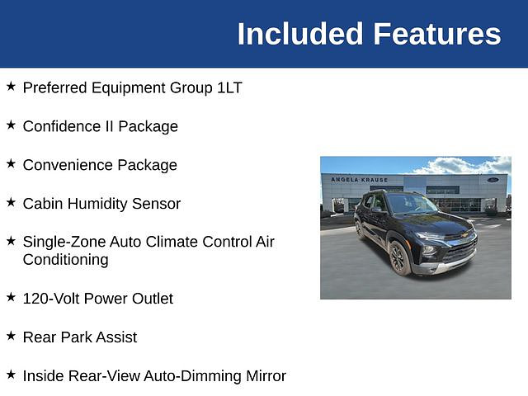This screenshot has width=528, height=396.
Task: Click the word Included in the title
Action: (300, 34)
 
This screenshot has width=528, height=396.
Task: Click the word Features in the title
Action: (437, 34)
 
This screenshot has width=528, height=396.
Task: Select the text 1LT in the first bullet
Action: (229, 88)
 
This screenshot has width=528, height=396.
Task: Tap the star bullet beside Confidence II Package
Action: (11, 125)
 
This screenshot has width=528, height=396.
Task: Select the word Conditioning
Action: (66, 260)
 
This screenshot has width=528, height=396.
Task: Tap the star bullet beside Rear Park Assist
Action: (11, 336)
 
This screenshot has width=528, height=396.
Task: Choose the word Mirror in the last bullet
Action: (266, 376)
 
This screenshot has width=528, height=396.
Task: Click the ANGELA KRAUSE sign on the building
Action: (360, 180)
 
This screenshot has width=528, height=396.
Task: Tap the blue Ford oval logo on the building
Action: (493, 180)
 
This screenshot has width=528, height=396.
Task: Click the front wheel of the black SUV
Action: (400, 258)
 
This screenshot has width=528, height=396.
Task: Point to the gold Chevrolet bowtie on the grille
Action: (464, 234)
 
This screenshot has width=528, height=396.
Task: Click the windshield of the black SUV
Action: (411, 204)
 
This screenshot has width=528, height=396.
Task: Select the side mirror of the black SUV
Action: (377, 210)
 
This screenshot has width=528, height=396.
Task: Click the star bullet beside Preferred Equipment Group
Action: (11, 86)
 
